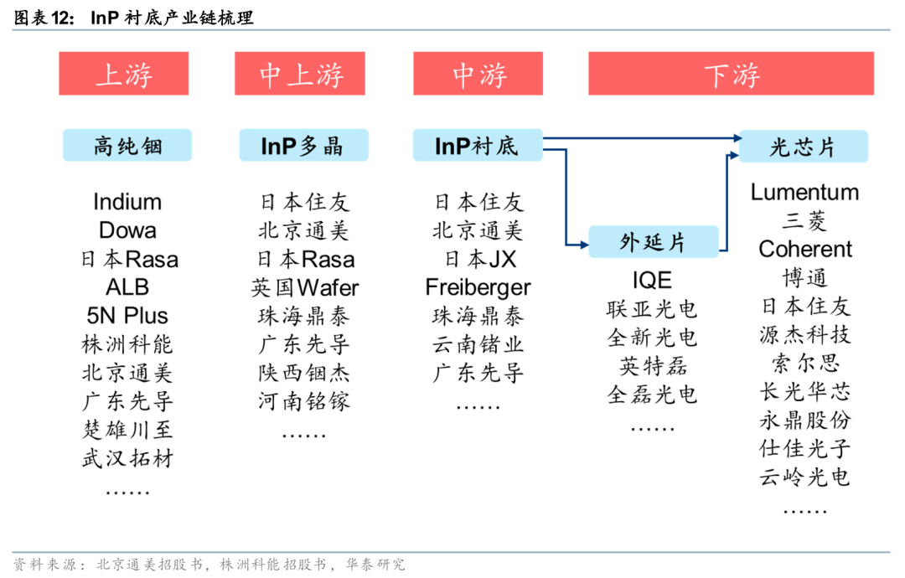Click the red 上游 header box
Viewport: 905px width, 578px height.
pos(123,74)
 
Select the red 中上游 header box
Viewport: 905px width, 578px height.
pos(302,74)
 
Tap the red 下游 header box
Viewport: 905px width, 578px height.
pos(731,74)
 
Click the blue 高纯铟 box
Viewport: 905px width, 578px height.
pos(127,146)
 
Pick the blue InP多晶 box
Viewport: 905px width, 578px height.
pos(303,146)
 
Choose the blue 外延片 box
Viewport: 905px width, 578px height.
pos(653,242)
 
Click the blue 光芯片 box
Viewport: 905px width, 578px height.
pos(803,147)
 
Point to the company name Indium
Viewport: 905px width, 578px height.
pos(127,202)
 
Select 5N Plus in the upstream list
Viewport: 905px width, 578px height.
pos(127,316)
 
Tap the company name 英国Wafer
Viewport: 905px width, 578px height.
pos(304,288)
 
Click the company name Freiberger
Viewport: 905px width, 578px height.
pos(478,287)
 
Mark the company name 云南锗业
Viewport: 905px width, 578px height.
pos(478,344)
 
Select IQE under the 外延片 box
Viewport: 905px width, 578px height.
pos(652,280)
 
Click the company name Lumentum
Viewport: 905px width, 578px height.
pos(804,192)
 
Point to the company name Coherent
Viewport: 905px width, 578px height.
pos(804,249)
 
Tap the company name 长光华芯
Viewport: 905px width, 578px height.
pos(804,391)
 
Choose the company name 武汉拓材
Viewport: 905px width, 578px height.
pos(127,458)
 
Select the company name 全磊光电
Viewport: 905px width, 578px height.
pos(652,394)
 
